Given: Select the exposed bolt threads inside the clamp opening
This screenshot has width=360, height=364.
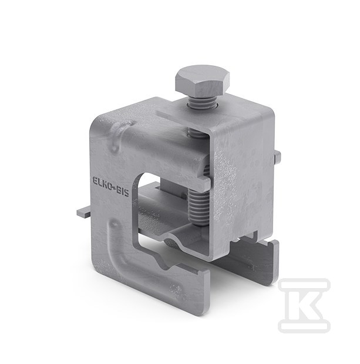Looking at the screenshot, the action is [200, 207].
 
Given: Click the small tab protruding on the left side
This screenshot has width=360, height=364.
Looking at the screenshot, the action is [83, 213].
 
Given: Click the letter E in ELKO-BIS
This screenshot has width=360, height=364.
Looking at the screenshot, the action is [95, 181].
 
